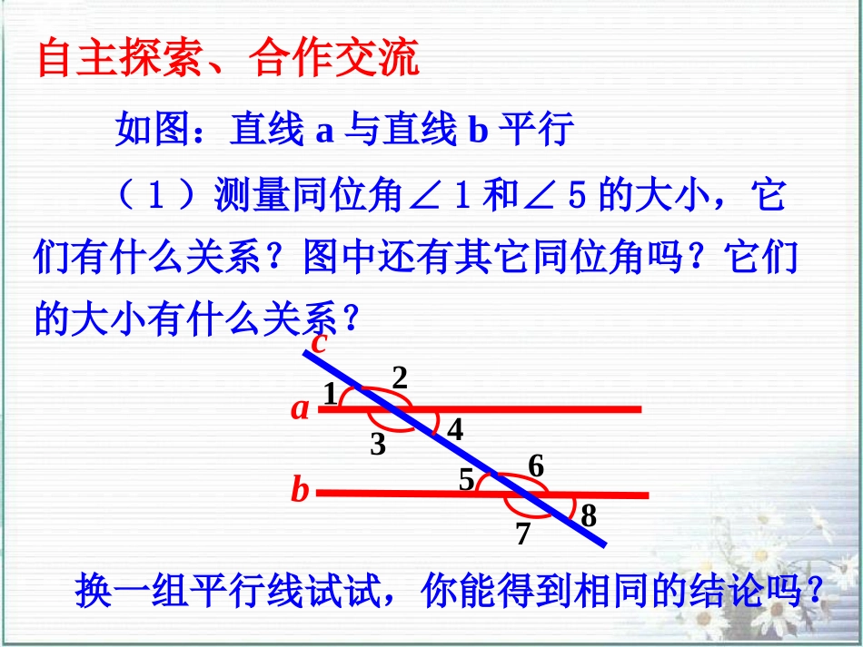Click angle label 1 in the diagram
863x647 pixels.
pyautogui.click(x=330, y=394)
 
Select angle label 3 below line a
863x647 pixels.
pyautogui.click(x=378, y=445)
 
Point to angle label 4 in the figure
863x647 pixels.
pyautogui.click(x=455, y=430)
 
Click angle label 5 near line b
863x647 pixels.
pyautogui.click(x=467, y=479)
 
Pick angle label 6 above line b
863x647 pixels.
pyautogui.click(x=536, y=467)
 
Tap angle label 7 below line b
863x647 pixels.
pyautogui.click(x=522, y=534)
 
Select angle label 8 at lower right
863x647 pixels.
pyautogui.click(x=589, y=516)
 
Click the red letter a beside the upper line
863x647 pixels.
pyautogui.click(x=300, y=409)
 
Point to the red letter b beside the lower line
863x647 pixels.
pyautogui.click(x=300, y=491)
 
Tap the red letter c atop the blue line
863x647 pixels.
pyautogui.click(x=319, y=343)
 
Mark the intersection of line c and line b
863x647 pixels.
pyautogui.click(x=525, y=495)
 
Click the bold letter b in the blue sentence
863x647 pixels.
pyautogui.click(x=478, y=132)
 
